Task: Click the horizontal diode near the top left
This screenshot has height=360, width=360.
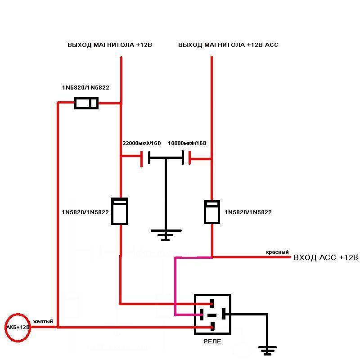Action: tap(86, 103)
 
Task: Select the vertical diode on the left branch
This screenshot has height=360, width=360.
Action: tap(120, 211)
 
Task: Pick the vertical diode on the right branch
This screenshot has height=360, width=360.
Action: tap(212, 211)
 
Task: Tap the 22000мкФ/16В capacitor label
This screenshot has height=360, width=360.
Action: tap(142, 143)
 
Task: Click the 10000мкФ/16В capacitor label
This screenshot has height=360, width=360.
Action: tap(187, 143)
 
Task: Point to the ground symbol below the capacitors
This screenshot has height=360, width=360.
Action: tap(166, 235)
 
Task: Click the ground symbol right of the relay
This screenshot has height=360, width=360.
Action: tap(267, 351)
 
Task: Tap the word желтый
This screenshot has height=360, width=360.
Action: tap(43, 321)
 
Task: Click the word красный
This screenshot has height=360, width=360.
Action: tap(277, 252)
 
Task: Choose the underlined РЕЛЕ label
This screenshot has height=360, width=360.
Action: tap(212, 342)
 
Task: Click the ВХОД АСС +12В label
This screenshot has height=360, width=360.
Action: tap(326, 257)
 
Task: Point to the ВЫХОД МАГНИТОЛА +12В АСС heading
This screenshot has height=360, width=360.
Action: tap(228, 45)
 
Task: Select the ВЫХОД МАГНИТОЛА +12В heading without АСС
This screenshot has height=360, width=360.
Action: tap(110, 45)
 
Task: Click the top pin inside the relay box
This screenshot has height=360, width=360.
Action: tap(212, 303)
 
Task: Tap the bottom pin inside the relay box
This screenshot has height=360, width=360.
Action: tap(212, 326)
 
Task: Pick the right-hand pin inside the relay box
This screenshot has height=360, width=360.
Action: tap(224, 314)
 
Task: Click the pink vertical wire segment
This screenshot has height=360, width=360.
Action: tap(175, 286)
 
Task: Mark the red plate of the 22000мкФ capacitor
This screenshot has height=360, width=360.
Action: tap(142, 159)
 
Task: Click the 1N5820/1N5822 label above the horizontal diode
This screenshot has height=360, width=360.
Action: tap(85, 87)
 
